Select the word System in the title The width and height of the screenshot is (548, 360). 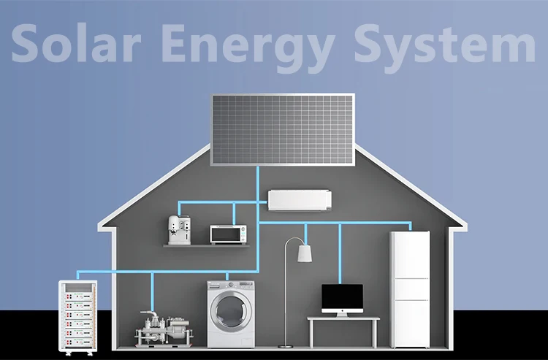[443, 44]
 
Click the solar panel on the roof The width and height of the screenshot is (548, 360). [283, 129]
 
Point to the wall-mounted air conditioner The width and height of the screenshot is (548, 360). [300, 199]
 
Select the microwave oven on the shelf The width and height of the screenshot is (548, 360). [228, 234]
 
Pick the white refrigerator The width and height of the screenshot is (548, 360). [410, 288]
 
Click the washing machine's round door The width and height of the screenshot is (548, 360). [231, 309]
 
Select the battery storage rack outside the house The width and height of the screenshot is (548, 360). [77, 315]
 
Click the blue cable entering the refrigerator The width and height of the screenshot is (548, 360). [410, 226]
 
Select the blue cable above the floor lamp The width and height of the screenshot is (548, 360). [305, 234]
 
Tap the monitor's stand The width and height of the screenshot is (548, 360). [342, 315]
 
